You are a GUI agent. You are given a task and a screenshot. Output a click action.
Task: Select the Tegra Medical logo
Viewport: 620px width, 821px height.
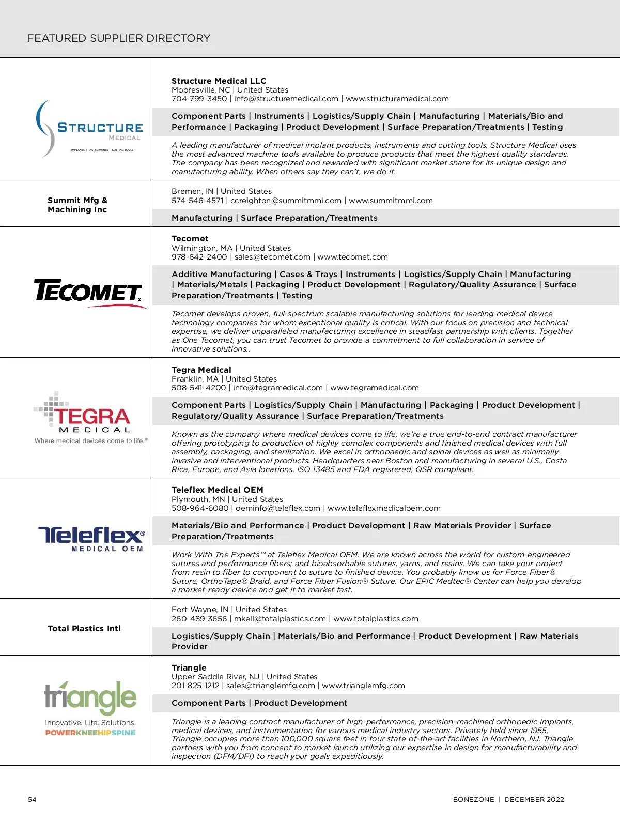tap(90, 418)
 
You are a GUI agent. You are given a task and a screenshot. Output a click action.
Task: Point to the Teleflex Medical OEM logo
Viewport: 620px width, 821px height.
tap(91, 539)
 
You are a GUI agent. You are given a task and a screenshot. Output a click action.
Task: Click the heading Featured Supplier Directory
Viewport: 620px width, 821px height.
tap(118, 38)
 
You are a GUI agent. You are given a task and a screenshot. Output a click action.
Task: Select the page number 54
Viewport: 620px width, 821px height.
tap(32, 799)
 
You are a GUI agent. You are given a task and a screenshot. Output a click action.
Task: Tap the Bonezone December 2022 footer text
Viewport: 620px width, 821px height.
tap(508, 799)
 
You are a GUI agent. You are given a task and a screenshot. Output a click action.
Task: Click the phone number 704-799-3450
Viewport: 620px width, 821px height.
tap(199, 99)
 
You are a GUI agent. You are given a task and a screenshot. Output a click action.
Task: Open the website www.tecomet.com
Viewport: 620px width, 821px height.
tap(352, 257)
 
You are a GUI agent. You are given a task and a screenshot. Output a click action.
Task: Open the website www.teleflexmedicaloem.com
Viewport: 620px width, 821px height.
tap(384, 508)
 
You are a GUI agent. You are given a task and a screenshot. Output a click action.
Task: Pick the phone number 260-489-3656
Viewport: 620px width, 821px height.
tap(199, 619)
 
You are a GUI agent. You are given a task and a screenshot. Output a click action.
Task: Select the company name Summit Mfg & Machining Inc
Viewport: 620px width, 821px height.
tap(78, 205)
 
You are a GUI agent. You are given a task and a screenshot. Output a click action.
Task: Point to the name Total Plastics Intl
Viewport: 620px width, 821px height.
tap(84, 629)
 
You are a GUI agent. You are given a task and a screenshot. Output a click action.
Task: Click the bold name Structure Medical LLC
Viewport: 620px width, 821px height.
tap(219, 81)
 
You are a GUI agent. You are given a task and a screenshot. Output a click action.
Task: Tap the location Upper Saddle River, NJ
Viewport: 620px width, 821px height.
tap(215, 677)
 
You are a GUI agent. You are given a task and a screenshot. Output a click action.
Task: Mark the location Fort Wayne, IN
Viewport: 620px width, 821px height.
tap(199, 610)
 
